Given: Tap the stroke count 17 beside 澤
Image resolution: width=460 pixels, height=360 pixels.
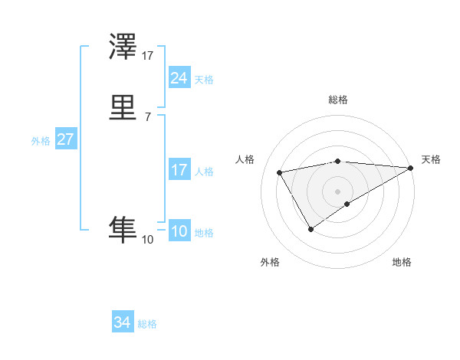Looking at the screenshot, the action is click(x=147, y=56).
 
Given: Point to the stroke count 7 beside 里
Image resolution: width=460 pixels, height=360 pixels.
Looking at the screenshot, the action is click(x=147, y=116).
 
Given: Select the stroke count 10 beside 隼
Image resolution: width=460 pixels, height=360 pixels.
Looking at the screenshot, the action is click(x=147, y=240).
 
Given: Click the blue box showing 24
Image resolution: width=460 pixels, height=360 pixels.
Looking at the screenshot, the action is click(x=179, y=78).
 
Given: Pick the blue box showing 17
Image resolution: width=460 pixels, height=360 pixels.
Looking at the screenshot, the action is click(x=179, y=170).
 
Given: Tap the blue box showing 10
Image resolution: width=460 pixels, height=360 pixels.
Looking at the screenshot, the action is click(x=179, y=232).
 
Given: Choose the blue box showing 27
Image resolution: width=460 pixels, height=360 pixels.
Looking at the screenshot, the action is click(x=65, y=140).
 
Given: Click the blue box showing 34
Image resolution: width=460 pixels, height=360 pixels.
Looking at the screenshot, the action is click(x=122, y=323).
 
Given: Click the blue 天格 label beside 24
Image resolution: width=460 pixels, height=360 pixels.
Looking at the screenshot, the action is click(x=204, y=79).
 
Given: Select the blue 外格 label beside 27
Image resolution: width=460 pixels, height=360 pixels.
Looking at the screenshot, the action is click(x=41, y=141).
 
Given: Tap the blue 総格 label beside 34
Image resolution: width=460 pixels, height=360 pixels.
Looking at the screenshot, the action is click(x=147, y=324).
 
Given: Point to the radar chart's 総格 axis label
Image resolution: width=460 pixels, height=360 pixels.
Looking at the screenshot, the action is click(x=337, y=100).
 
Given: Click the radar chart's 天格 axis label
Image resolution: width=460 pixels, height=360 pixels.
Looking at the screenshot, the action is click(x=431, y=159).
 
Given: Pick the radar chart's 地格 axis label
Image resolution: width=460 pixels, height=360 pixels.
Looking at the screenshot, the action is click(x=402, y=263).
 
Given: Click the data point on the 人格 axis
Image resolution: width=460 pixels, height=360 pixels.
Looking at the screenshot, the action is click(x=280, y=173).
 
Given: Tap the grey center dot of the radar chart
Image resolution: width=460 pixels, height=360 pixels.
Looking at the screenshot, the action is click(x=337, y=191).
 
